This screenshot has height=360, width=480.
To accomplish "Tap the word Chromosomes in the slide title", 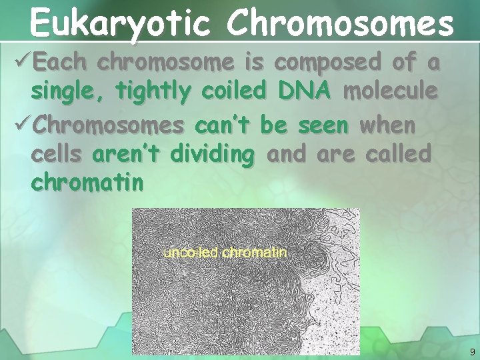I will pyautogui.click(x=339, y=23).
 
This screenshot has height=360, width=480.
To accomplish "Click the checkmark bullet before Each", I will pyautogui.click(x=21, y=63).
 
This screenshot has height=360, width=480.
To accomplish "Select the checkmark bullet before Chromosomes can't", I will pyautogui.click(x=21, y=124).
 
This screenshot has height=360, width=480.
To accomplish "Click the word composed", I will pyautogui.click(x=325, y=63).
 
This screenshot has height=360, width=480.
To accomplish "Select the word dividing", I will pyautogui.click(x=213, y=155).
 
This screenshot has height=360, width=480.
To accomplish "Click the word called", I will pyautogui.click(x=397, y=154).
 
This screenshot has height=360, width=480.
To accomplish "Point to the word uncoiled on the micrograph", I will pyautogui.click(x=191, y=253).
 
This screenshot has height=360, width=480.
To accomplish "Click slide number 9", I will pyautogui.click(x=472, y=351).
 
